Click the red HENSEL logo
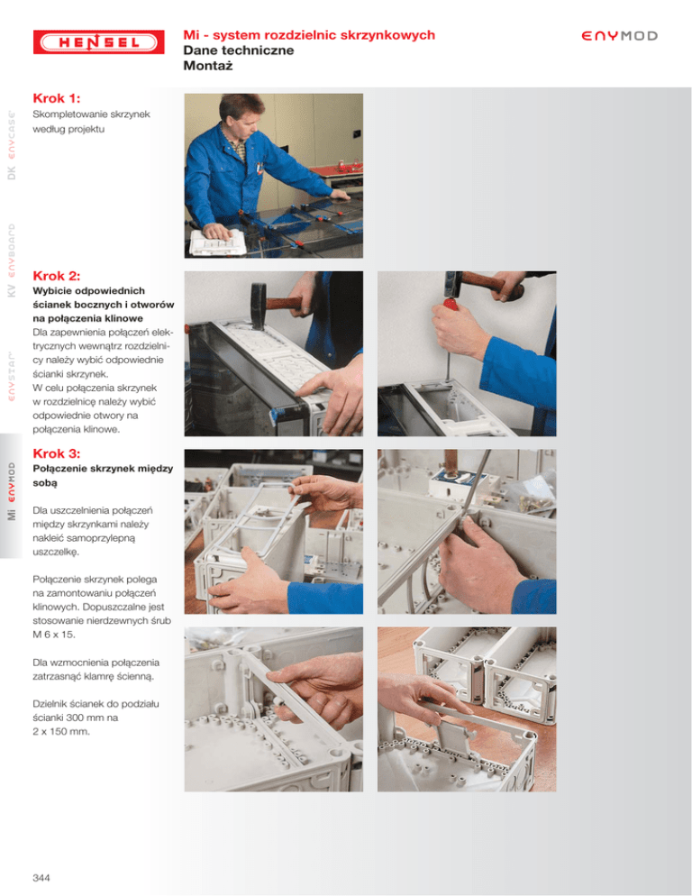(x=99, y=42)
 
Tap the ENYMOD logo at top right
(x=619, y=36)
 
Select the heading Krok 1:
(x=57, y=98)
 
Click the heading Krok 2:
(x=57, y=276)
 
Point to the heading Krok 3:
(x=57, y=453)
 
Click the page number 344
(x=41, y=878)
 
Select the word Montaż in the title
(x=208, y=66)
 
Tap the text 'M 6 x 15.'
(x=54, y=635)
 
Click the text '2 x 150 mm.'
(x=61, y=731)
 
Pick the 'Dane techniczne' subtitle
(x=239, y=50)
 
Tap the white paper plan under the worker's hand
(x=217, y=242)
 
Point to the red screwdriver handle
(x=451, y=304)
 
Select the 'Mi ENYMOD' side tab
(x=12, y=491)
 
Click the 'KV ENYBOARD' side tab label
(x=12, y=260)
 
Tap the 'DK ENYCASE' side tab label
(x=12, y=145)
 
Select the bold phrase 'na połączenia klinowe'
(x=88, y=318)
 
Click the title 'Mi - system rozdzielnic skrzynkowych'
(x=309, y=35)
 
